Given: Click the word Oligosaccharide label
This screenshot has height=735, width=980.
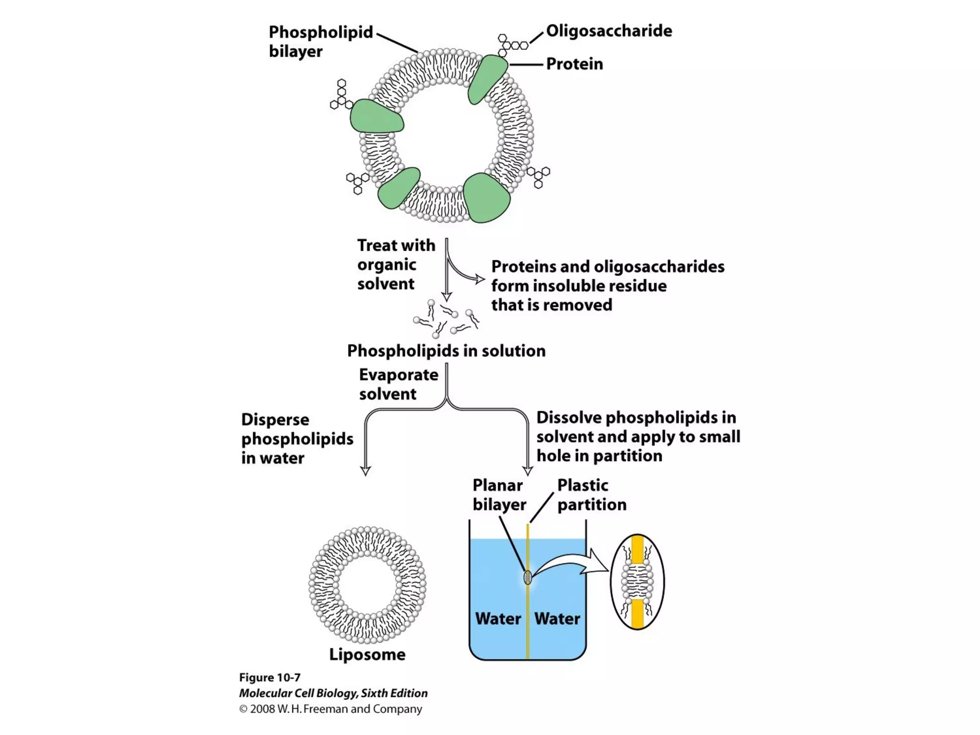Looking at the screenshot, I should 609,31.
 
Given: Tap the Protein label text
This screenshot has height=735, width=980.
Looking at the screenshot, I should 574,64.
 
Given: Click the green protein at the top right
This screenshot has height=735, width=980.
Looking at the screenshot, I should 487,79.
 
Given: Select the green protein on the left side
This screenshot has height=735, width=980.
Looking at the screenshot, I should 376,117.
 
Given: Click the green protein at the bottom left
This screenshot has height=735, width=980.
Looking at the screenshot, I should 398,188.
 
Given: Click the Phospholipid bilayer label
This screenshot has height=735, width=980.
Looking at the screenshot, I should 320,42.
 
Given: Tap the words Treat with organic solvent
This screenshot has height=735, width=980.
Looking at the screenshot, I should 395,265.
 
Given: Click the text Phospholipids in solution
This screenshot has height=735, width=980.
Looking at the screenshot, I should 446,351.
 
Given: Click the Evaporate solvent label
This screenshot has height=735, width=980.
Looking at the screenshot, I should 398,384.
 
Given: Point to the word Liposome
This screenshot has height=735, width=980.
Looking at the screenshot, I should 367,654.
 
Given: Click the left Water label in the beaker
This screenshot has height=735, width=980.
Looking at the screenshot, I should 498,619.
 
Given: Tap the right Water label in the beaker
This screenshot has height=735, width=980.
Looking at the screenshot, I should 557,619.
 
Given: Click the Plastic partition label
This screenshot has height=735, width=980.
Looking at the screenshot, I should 591,495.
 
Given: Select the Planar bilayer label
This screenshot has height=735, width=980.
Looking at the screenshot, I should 499,495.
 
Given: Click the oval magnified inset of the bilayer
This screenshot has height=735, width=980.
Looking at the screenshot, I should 637,581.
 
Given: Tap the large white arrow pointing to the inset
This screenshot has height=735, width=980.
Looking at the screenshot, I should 574,565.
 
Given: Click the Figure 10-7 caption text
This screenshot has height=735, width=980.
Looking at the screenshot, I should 269,678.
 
